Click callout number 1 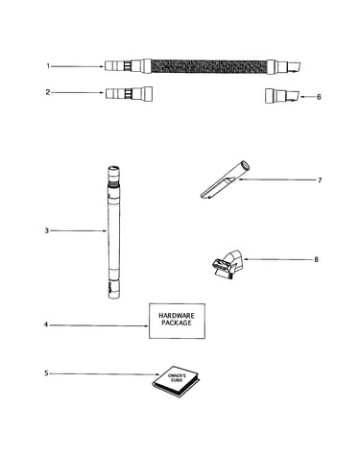click(x=48, y=66)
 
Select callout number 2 click(x=48, y=92)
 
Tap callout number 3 click(x=47, y=230)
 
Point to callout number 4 click(x=46, y=324)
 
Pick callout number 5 click(x=46, y=373)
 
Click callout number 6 click(x=319, y=97)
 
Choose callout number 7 click(x=320, y=180)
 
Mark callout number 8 click(x=316, y=259)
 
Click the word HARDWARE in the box click(x=177, y=316)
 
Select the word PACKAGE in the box click(x=177, y=323)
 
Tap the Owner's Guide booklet click(x=176, y=381)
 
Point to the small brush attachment click(x=228, y=264)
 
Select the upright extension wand click(x=113, y=232)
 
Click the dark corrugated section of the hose click(x=208, y=66)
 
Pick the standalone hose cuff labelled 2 click(x=129, y=93)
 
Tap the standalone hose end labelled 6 click(x=282, y=96)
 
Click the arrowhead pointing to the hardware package click(x=147, y=326)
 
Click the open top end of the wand click(x=113, y=168)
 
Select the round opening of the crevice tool click(x=245, y=165)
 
